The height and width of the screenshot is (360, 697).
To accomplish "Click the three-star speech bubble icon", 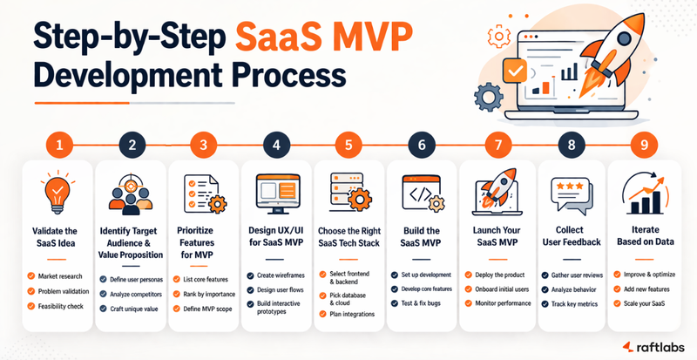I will coord(569,192).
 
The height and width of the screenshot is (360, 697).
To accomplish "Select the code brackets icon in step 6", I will coord(421,193).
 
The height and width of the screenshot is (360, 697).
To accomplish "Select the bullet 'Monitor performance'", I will coord(502,302).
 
